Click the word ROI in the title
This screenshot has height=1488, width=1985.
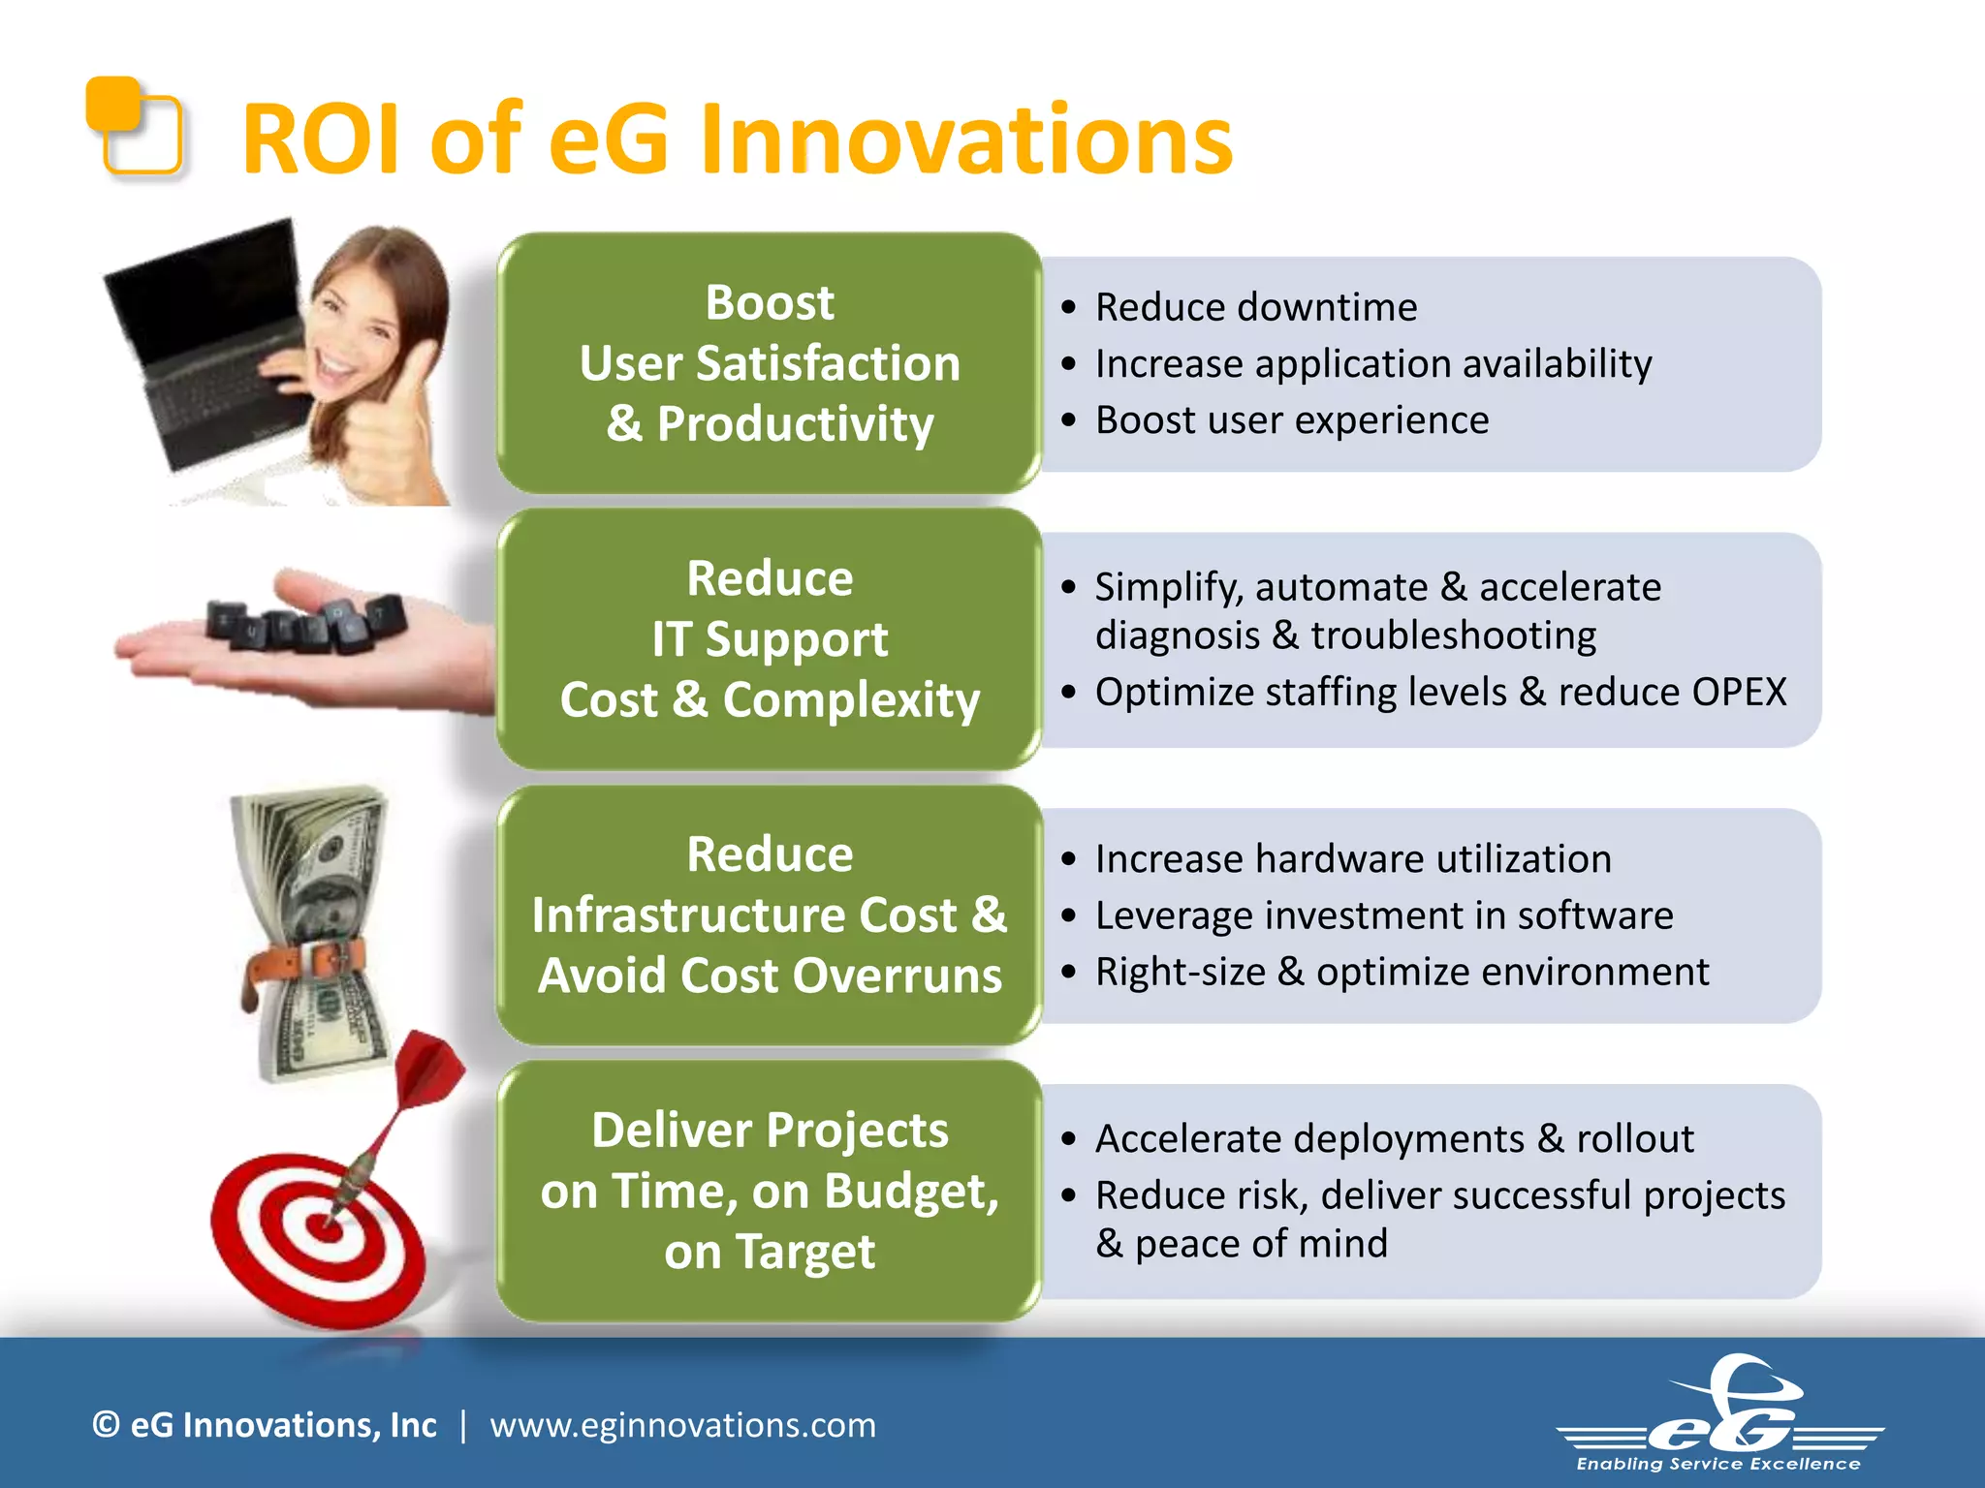tap(320, 140)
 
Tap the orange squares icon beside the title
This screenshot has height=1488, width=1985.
tap(134, 126)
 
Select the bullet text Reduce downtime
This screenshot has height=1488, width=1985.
tap(1255, 308)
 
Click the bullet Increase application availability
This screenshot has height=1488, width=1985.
tap(1372, 364)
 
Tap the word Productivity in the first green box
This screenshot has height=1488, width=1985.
tap(795, 424)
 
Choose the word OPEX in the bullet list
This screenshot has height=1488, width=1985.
tap(1739, 693)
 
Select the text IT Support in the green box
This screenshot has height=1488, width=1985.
tap(770, 639)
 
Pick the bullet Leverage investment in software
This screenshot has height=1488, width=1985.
tap(1383, 915)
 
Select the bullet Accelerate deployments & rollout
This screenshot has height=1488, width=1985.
tap(1394, 1139)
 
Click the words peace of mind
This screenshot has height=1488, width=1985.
tap(1260, 1244)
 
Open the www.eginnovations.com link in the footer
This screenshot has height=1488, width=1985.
tap(682, 1425)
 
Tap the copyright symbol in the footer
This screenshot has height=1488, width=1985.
tap(106, 1425)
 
